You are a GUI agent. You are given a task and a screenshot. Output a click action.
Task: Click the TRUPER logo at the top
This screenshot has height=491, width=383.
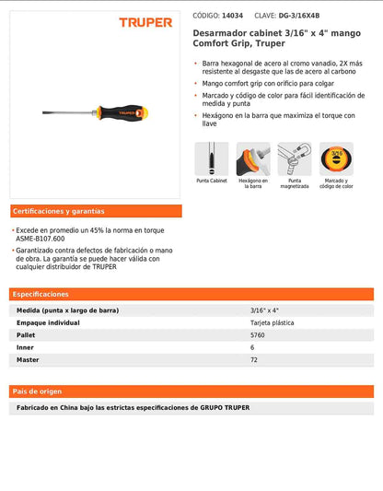point(145,22)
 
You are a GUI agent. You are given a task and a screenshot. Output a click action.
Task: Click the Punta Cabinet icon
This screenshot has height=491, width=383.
point(211,158)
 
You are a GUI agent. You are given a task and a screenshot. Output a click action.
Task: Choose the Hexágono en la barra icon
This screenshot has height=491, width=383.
point(252,158)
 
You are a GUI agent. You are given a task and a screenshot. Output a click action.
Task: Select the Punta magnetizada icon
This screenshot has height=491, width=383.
point(295,158)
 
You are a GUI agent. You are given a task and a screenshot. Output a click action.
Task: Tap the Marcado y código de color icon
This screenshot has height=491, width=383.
point(336,158)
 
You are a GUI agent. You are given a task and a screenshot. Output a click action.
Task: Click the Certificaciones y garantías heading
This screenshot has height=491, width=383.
point(59,211)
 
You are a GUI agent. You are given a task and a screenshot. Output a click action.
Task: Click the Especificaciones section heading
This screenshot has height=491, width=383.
point(41,294)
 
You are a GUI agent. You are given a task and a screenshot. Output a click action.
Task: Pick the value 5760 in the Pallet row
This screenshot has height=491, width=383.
point(259,335)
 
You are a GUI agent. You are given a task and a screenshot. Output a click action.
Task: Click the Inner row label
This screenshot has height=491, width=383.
point(25,347)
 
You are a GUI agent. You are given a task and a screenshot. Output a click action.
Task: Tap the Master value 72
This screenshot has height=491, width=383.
point(254,359)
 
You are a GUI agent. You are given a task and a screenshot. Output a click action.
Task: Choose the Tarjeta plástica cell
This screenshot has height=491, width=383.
point(273,323)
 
